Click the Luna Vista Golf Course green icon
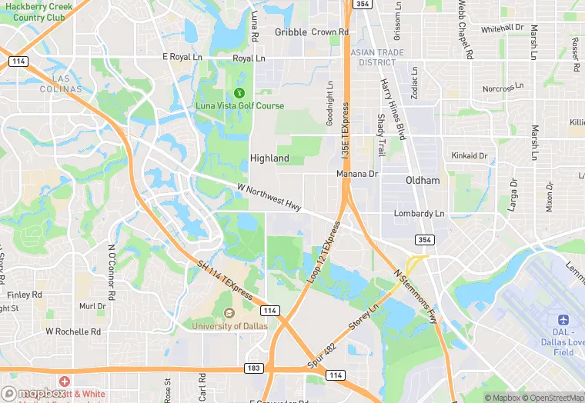tap(238, 92)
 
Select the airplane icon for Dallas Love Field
tap(563, 319)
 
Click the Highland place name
tap(269, 158)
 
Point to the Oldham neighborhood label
tap(423, 181)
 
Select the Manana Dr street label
tap(357, 175)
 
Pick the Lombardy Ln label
tap(419, 214)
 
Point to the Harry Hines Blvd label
tap(393, 108)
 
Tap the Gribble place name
tap(291, 32)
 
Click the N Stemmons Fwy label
tap(416, 295)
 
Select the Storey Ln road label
tap(364, 318)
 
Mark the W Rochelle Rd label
tap(73, 332)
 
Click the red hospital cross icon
tap(64, 381)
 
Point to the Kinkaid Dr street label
tap(470, 156)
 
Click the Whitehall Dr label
tap(502, 29)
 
